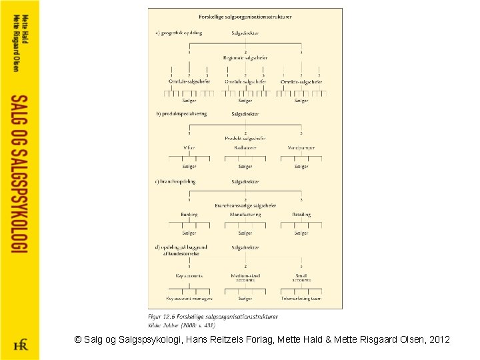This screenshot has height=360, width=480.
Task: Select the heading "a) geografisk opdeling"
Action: tap(179, 32)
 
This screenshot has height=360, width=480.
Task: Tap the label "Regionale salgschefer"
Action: tap(245, 58)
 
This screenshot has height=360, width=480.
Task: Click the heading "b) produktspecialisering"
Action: tap(181, 114)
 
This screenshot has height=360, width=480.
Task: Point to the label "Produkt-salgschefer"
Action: tap(245, 138)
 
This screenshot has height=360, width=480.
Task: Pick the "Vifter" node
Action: tap(189, 147)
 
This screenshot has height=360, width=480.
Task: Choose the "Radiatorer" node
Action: tap(245, 147)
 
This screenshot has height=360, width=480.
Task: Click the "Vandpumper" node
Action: tap(301, 147)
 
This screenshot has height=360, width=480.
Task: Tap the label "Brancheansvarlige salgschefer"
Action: tap(245, 206)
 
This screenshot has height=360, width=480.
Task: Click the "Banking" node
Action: tap(189, 215)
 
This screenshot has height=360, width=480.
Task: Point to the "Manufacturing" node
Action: tap(245, 215)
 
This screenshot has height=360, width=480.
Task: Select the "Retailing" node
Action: tap(301, 215)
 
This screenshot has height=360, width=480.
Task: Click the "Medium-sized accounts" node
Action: tap(245, 278)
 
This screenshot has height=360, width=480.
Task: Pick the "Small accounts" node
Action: tap(301, 278)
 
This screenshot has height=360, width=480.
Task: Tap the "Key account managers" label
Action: tap(189, 299)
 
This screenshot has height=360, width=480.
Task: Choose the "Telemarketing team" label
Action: tap(301, 299)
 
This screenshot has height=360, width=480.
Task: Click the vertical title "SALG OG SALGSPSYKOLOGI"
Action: tap(19, 173)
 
